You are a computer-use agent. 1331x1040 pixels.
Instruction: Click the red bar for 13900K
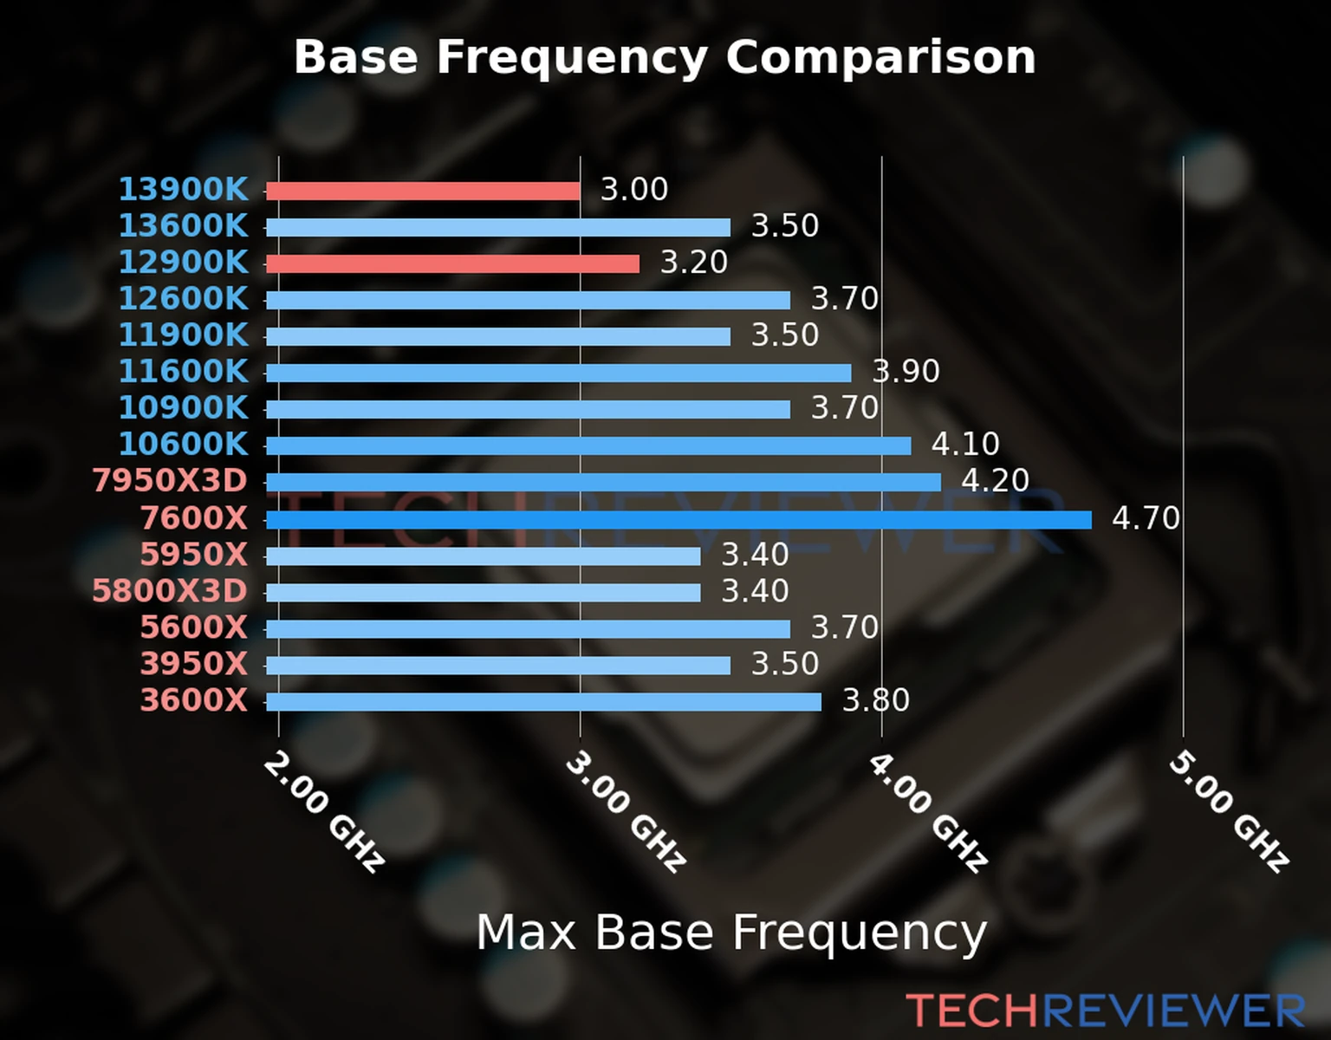pyautogui.click(x=423, y=191)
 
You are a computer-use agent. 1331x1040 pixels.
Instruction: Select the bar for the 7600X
pyautogui.click(x=678, y=520)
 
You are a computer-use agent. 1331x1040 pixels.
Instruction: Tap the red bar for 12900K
pyautogui.click(x=452, y=263)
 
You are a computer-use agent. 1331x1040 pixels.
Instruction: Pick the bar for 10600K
pyautogui.click(x=588, y=446)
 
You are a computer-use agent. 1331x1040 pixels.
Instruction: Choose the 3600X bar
pyautogui.click(x=543, y=702)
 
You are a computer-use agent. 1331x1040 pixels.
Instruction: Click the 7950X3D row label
pyautogui.click(x=170, y=480)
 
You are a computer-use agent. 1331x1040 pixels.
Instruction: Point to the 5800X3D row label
pyautogui.click(x=170, y=591)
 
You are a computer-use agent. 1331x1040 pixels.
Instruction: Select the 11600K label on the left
pyautogui.click(x=183, y=371)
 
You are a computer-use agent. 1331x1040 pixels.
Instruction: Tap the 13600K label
pyautogui.click(x=183, y=225)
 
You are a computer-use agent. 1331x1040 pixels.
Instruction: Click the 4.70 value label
pyautogui.click(x=1146, y=518)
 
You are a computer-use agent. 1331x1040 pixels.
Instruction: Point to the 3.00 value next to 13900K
pyautogui.click(x=634, y=189)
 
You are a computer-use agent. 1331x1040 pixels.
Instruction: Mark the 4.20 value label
pyautogui.click(x=995, y=480)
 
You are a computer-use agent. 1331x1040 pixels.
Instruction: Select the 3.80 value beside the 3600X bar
pyautogui.click(x=875, y=700)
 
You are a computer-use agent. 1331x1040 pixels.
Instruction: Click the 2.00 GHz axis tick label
pyautogui.click(x=322, y=811)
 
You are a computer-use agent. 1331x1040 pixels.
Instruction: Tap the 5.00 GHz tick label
pyautogui.click(x=1229, y=811)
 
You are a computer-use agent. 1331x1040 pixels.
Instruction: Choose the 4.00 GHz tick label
pyautogui.click(x=927, y=811)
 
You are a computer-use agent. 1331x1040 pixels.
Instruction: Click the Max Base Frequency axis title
pyautogui.click(x=731, y=933)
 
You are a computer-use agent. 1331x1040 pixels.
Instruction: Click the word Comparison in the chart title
pyautogui.click(x=880, y=57)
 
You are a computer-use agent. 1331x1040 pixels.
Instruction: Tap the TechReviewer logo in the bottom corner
pyautogui.click(x=1105, y=1011)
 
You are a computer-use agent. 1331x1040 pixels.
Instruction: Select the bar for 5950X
pyautogui.click(x=483, y=556)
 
